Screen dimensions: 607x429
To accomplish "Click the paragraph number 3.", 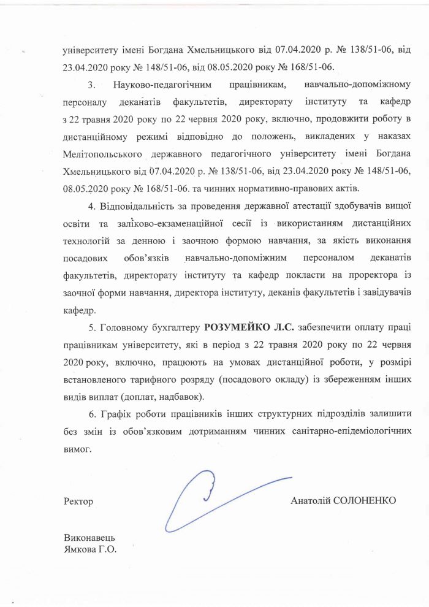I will click(91, 83).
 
